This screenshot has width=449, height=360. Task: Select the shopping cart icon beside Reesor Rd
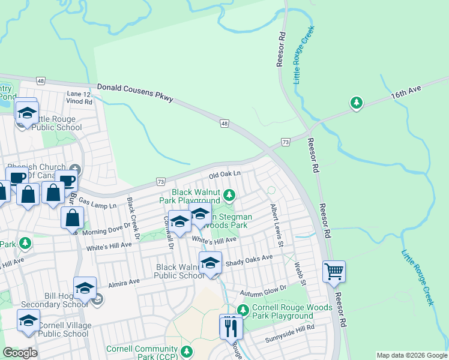pyautogui.click(x=334, y=271)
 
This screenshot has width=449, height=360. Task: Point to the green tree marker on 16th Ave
pyautogui.click(x=357, y=103)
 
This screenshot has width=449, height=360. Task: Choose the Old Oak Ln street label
pyautogui.click(x=224, y=174)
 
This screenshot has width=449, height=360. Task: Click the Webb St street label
pyautogui.click(x=301, y=274)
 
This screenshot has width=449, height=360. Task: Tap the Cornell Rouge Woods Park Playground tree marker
pyautogui.click(x=243, y=310)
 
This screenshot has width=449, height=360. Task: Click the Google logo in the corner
pyautogui.click(x=20, y=353)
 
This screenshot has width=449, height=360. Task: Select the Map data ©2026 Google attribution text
pyautogui.click(x=411, y=355)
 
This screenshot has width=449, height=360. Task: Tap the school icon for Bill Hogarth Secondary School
pyautogui.click(x=85, y=289)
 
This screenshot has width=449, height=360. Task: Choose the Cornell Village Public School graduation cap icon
pyautogui.click(x=28, y=320)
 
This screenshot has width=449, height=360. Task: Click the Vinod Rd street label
pyautogui.click(x=80, y=102)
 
